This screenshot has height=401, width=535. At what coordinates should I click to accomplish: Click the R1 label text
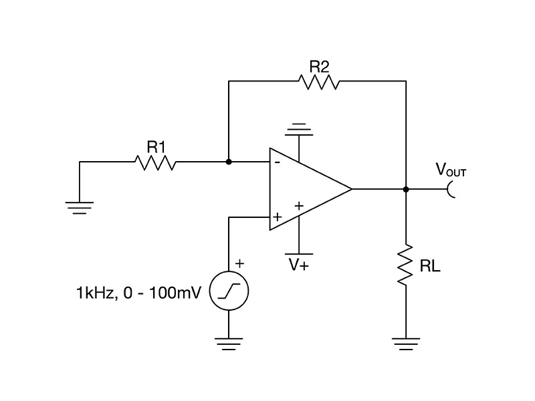155,145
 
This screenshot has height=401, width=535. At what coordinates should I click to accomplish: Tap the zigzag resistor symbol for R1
155,162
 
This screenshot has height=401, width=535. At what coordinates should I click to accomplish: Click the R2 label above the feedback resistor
319,65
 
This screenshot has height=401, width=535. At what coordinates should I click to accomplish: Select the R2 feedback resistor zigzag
320,82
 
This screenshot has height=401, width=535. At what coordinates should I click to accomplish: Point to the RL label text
429,267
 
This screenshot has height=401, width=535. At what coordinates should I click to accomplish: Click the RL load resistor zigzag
405,266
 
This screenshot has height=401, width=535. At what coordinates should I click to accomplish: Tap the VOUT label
451,171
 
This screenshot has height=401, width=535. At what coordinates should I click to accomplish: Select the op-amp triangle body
308,189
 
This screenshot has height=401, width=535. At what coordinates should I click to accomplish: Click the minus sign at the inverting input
276,161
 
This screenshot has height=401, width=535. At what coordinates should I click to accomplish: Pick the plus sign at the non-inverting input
276,217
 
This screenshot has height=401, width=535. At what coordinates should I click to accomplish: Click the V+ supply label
298,265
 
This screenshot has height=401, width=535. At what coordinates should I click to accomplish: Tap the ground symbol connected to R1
80,207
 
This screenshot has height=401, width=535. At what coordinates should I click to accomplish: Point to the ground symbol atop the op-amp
298,127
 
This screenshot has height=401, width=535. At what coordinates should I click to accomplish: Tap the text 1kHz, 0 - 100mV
138,292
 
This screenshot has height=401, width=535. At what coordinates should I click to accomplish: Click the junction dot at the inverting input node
229,162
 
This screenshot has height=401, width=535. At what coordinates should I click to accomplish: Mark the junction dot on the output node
405,189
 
